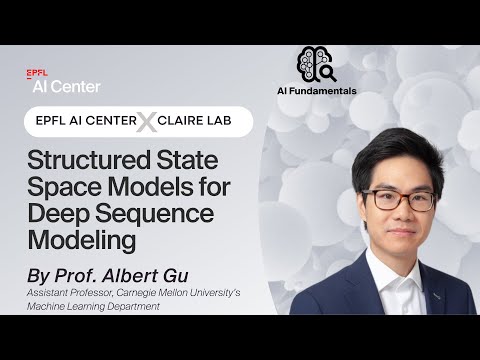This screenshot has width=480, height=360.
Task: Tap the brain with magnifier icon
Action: coord(316,65)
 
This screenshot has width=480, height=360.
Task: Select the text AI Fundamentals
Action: coord(316,90)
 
